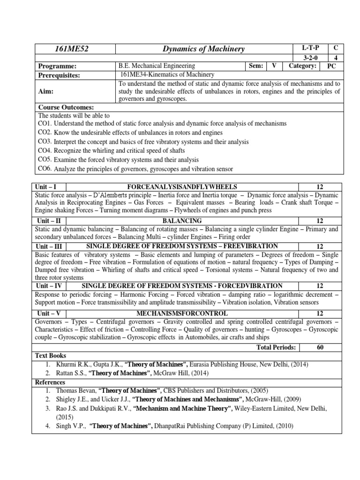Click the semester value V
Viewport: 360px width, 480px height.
tap(274, 66)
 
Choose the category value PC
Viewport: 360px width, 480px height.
tap(331, 66)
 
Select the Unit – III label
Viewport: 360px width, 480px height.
tap(50, 246)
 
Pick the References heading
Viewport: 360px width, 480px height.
tap(52, 382)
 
